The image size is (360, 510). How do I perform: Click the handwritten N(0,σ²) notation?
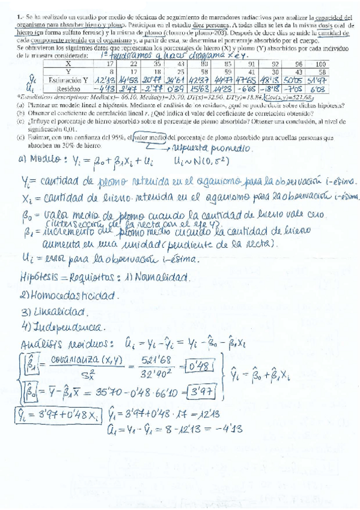pyautogui.click(x=198, y=162)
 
